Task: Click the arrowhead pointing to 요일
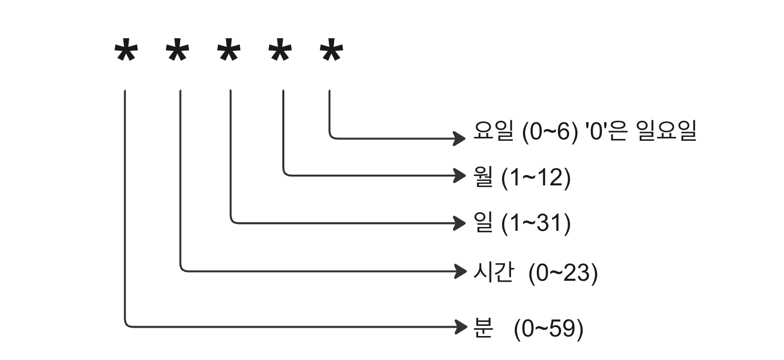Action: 460,138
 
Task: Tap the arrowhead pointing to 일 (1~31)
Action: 460,223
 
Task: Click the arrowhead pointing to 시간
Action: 460,270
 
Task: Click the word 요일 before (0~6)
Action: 493,131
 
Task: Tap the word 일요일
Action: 667,131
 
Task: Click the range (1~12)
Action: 536,177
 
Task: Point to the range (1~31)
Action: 536,224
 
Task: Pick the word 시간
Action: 493,272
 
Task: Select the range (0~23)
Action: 563,272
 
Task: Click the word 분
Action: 483,328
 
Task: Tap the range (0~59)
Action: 549,328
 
